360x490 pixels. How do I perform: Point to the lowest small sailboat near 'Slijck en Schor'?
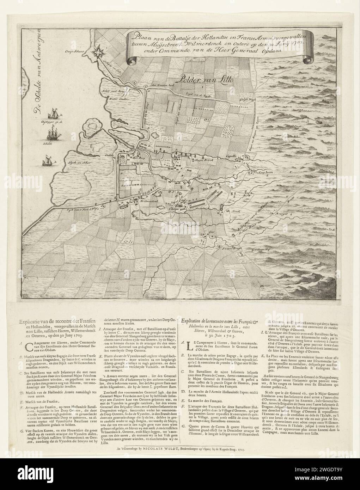(x=46, y=161)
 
